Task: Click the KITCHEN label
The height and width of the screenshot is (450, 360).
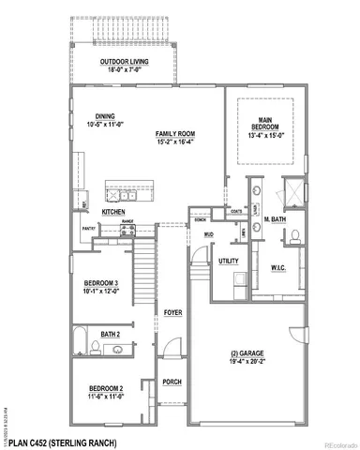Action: [x=114, y=213]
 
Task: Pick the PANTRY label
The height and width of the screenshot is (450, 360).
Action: [x=90, y=228]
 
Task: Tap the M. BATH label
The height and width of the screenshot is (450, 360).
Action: [x=275, y=220]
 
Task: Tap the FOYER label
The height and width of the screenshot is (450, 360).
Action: [x=172, y=311]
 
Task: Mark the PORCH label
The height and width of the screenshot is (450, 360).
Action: [x=172, y=382]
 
